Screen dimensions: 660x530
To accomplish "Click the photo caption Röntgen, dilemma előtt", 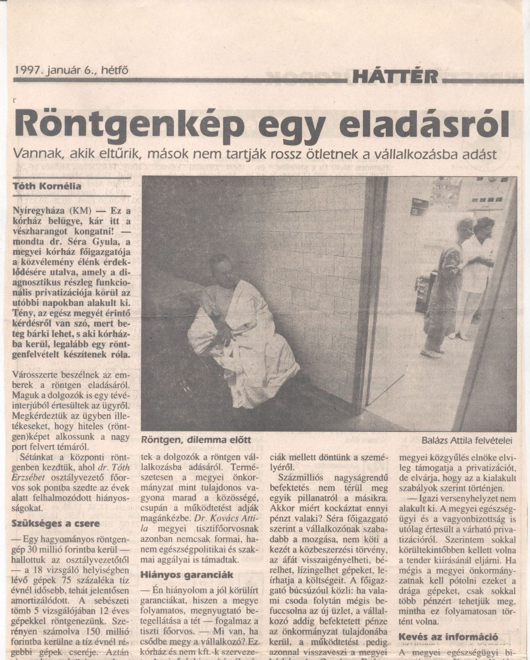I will tap(196, 439).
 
